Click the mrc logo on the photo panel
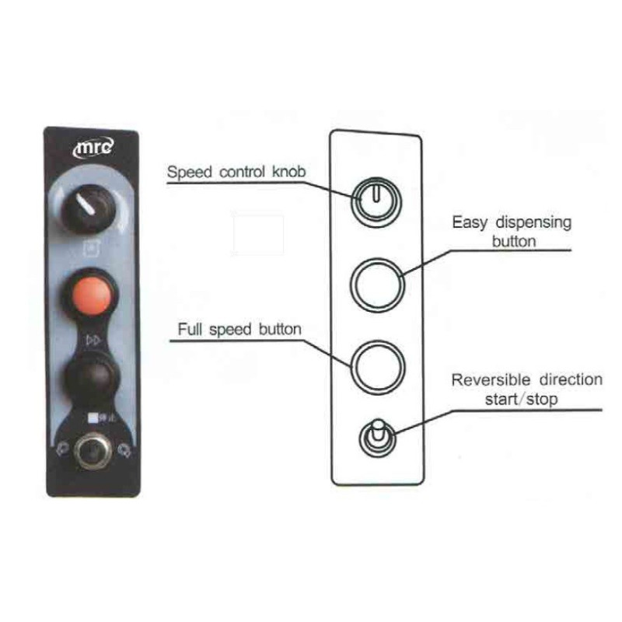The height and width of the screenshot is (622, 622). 93,148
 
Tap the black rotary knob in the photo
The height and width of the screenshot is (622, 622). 87,208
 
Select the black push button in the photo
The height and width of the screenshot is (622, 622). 92,379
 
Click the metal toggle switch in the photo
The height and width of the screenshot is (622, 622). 92,452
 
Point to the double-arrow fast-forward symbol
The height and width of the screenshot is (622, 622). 93,340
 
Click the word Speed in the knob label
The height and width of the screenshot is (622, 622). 189,173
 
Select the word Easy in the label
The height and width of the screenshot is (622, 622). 470,222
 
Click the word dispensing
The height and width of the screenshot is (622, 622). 533,223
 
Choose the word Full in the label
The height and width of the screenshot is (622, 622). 190,329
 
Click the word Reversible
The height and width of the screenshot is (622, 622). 491,379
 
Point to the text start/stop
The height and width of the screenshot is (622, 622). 521,399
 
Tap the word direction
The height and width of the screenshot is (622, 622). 571,379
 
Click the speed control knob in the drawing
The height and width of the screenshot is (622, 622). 376,203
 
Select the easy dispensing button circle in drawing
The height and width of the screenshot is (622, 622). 377,285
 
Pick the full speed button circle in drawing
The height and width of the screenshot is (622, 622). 378,367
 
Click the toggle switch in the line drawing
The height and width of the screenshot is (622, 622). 377,438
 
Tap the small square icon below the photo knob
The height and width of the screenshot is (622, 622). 92,249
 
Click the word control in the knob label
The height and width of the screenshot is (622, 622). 242,172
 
